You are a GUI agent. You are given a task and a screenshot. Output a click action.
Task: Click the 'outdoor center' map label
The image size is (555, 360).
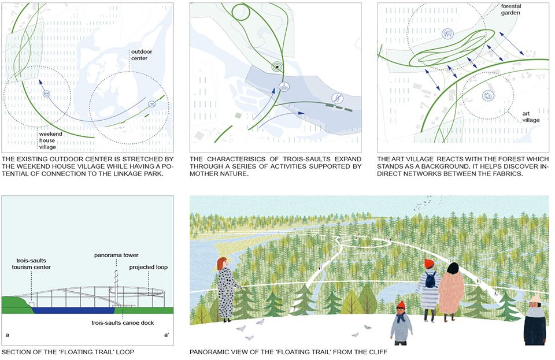(142, 55)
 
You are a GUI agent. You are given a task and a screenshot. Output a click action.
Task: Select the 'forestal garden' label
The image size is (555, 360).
(510, 10)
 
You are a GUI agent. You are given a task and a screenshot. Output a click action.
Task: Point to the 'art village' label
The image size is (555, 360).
(531, 117)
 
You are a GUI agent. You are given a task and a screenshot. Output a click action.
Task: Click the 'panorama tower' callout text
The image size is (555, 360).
(116, 255)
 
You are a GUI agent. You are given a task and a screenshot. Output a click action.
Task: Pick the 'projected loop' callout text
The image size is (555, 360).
(149, 267)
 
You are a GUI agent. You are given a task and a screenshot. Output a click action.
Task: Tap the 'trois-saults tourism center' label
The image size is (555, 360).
(31, 264)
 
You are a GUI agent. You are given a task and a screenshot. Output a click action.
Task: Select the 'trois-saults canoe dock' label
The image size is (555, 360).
(123, 322)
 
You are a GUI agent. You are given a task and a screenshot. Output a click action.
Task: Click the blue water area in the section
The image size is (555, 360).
(73, 310)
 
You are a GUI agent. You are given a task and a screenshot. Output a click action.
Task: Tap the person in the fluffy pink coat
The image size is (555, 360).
(450, 292)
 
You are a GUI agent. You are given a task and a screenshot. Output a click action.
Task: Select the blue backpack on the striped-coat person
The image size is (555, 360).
(431, 279)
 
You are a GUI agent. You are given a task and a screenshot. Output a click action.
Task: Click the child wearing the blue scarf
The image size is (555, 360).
(401, 323)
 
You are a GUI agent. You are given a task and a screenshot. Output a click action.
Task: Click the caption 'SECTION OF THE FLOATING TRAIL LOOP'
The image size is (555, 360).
(68, 352)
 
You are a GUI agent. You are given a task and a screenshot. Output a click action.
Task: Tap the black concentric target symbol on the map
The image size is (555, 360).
(277, 66)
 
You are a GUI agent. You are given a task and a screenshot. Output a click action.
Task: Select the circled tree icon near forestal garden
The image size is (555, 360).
(447, 34)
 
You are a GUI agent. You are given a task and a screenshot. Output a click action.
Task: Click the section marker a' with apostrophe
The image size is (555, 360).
(166, 335)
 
